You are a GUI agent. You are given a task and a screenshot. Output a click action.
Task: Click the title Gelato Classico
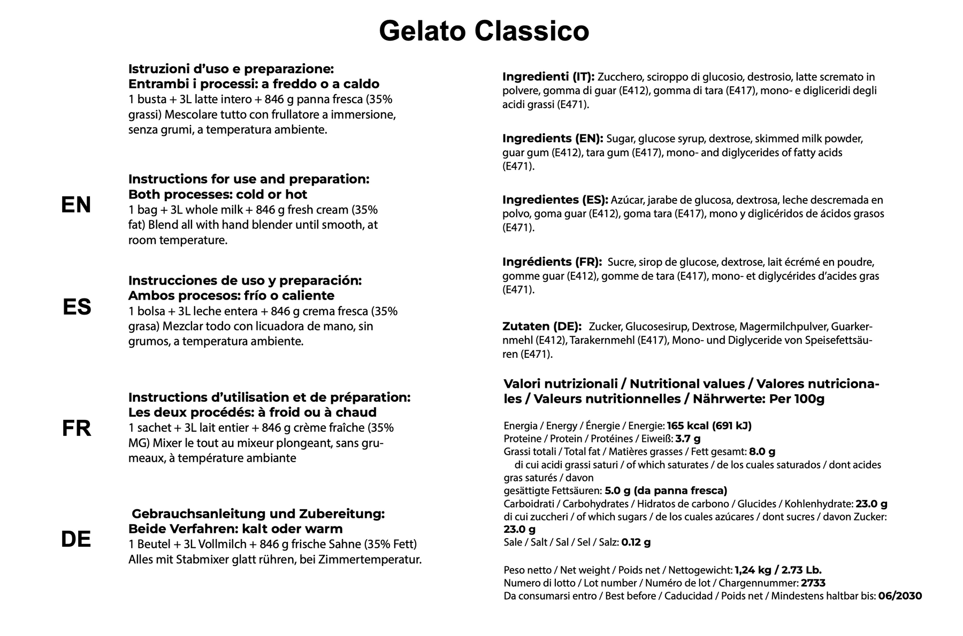(x=484, y=31)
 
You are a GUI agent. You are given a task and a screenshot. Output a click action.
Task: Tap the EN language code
(x=76, y=205)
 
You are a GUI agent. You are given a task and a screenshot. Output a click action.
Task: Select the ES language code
(x=77, y=307)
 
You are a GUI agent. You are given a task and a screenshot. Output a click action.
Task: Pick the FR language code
(x=77, y=428)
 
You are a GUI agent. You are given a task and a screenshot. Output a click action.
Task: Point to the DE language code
(x=76, y=539)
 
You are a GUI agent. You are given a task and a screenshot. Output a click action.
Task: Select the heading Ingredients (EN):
(x=552, y=139)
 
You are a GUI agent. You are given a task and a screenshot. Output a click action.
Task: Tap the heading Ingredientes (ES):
(x=555, y=200)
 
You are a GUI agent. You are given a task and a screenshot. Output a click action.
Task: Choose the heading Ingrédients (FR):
(x=552, y=262)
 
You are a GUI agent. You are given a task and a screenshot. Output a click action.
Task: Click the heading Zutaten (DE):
(x=541, y=326)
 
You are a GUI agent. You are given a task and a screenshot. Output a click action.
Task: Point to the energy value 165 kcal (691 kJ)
(x=709, y=426)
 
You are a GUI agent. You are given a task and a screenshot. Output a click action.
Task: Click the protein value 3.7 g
(x=687, y=439)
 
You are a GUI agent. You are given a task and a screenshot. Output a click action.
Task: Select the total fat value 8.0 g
(x=762, y=451)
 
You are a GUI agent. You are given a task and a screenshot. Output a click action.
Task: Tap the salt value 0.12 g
(x=636, y=542)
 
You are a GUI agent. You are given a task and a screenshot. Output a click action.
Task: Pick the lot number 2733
(x=813, y=583)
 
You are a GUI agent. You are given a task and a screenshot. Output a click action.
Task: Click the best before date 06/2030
(x=900, y=596)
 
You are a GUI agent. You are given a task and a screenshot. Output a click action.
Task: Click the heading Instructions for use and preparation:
(x=249, y=179)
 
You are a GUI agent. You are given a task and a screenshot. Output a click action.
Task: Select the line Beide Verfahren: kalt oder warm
(x=235, y=529)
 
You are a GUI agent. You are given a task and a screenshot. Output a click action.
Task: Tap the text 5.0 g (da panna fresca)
(x=666, y=491)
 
